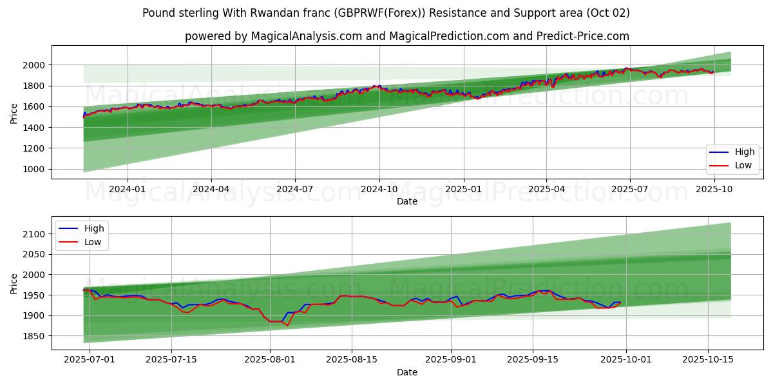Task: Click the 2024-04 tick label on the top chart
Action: (211, 189)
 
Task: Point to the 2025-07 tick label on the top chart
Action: (629, 189)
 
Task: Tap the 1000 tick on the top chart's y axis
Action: (33, 170)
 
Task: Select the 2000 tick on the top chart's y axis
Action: (33, 65)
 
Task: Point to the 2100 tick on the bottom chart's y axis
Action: (33, 234)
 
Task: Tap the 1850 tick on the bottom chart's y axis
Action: (33, 336)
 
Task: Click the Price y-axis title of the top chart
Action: (14, 112)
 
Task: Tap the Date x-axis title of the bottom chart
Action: (406, 372)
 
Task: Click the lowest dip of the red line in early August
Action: (287, 326)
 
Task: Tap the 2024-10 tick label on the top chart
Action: (379, 189)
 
